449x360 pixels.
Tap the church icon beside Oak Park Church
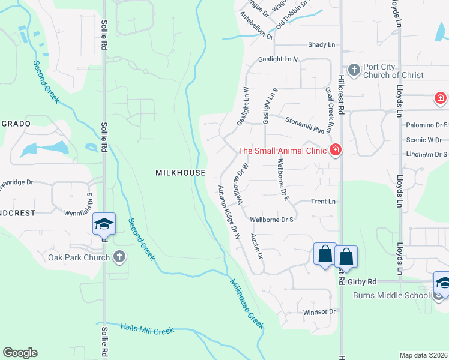pos(119,257)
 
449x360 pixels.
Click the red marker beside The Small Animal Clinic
pos(336,149)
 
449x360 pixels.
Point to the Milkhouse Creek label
pos(247,303)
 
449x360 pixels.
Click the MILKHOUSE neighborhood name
pos(181,173)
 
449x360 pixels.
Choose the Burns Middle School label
pos(391,295)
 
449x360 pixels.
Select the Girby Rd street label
pos(363,281)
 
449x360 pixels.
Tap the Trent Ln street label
pos(323,202)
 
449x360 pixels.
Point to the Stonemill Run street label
pos(309,125)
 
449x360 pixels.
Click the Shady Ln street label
pos(321,45)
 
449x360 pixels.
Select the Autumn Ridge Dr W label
pos(228,212)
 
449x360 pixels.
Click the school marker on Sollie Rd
pos(104,224)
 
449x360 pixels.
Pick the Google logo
pos(20,353)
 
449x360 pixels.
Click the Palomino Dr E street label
pos(426,125)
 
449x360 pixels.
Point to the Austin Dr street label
pos(257,247)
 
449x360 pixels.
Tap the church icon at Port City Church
pos(354,70)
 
